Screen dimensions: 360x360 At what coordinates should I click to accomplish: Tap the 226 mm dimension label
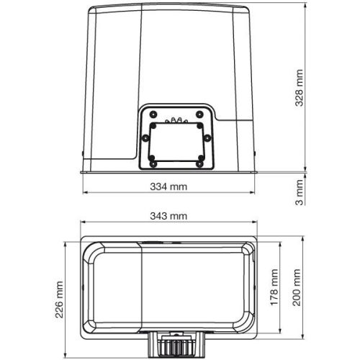pos(61,299)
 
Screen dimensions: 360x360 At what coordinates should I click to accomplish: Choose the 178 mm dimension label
pos(274,290)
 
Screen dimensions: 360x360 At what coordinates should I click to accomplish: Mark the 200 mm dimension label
pos(296,290)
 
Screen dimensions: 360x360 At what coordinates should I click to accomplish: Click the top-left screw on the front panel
pos(153,113)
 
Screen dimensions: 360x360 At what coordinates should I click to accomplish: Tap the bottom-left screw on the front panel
pos(153,163)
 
